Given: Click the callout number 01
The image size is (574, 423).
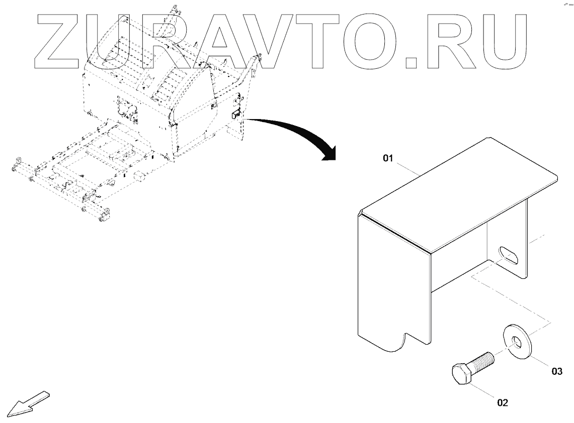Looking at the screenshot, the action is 387,159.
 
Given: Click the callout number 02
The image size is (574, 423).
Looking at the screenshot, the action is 503,402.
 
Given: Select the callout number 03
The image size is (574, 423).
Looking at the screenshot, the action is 556,372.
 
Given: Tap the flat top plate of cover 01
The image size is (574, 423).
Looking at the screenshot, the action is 458,193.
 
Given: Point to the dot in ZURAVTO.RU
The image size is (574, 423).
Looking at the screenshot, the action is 412,62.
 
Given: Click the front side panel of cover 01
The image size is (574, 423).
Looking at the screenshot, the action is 392,281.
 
